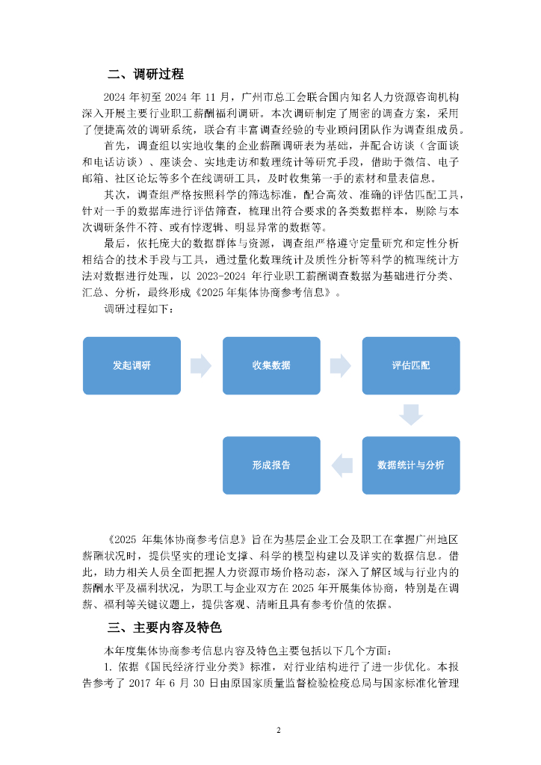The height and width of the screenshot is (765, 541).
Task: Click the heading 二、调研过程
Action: (145, 74)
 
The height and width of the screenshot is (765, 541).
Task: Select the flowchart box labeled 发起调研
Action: (132, 365)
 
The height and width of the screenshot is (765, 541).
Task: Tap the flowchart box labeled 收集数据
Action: (271, 365)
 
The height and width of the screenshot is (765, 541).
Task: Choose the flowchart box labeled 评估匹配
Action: (410, 365)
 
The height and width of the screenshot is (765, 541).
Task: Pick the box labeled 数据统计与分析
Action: (410, 465)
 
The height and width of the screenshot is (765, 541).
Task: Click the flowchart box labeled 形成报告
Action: (271, 465)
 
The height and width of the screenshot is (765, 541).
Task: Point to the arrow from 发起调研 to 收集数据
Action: (201, 365)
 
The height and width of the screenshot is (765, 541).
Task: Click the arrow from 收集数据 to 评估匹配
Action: (341, 365)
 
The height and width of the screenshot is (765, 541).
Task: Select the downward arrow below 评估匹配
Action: (410, 415)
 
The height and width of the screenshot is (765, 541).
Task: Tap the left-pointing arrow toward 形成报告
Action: (342, 465)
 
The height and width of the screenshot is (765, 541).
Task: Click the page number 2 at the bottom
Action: (278, 730)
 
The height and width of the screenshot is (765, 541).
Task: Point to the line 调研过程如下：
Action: (139, 309)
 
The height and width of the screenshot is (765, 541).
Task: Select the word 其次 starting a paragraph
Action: (117, 195)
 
